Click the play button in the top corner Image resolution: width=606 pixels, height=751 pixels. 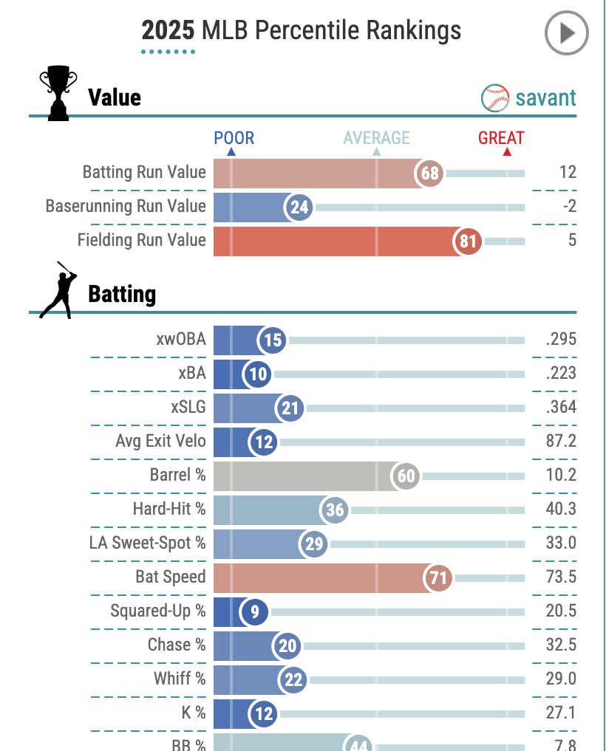[566, 33]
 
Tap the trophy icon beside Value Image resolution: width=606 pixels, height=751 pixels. [58, 94]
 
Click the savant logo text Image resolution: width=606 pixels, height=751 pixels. [545, 97]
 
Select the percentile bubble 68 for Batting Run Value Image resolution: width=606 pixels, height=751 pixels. [430, 174]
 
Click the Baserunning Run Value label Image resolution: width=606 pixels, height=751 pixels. [126, 206]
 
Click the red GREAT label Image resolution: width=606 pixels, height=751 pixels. [501, 138]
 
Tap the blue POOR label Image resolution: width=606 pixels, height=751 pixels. [234, 138]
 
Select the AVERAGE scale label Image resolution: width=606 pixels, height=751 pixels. [376, 138]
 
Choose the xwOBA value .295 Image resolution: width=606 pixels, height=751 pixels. [559, 339]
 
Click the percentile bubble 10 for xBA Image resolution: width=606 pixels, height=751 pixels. [258, 374]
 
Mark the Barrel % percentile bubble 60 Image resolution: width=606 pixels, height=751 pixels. [406, 476]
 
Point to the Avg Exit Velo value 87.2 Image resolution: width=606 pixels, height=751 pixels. [559, 442]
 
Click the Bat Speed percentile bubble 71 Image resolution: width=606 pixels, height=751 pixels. [439, 578]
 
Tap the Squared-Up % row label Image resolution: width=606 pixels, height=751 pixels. [158, 611]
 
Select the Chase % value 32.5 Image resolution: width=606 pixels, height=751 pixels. [559, 645]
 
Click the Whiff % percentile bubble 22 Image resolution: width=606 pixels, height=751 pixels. [293, 680]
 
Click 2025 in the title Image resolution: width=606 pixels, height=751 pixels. [168, 30]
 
